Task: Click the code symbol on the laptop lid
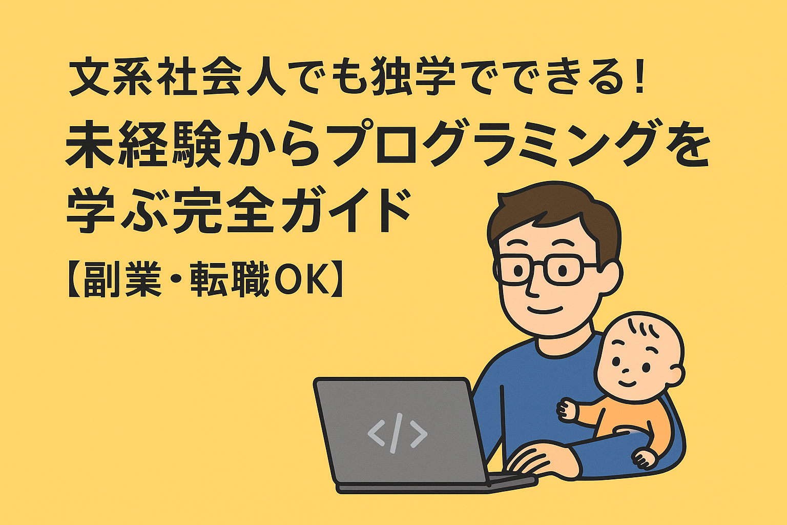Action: pos(398,433)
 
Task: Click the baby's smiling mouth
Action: pos(627,383)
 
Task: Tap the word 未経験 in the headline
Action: pos(143,144)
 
